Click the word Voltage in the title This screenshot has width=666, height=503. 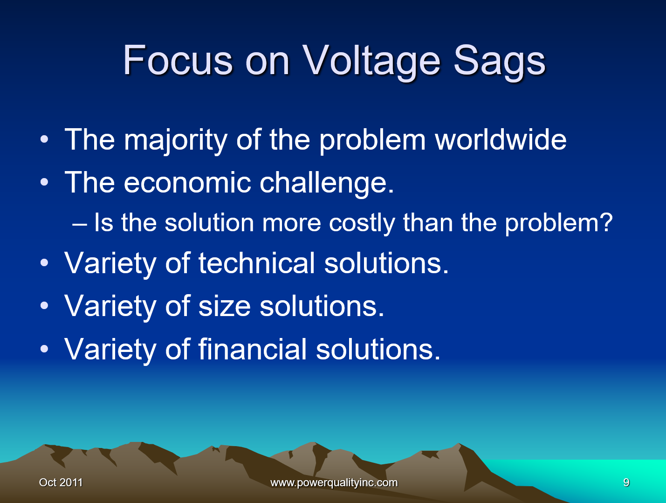click(371, 61)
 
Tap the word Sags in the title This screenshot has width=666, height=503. click(499, 61)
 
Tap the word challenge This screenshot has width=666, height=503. click(326, 183)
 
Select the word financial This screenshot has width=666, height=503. click(253, 349)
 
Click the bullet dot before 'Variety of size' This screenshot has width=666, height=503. click(44, 306)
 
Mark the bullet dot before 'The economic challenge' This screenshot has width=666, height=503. click(44, 183)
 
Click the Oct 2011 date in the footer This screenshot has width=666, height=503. click(61, 482)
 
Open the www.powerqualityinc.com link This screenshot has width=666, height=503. click(334, 482)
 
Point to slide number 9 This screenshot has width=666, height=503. click(626, 482)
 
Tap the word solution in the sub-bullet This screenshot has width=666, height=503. click(209, 223)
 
